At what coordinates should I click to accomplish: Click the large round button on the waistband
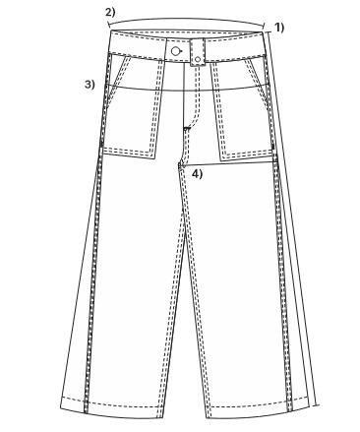click(x=176, y=51)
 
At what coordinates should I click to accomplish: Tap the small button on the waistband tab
click(x=198, y=59)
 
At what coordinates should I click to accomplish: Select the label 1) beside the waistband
click(x=279, y=28)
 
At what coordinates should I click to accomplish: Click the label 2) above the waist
click(x=110, y=13)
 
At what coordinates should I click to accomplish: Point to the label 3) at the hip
click(x=90, y=85)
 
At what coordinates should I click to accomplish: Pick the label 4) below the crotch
click(x=197, y=174)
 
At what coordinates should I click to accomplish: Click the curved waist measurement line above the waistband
click(x=186, y=20)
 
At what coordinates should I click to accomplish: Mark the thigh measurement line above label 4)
click(x=228, y=164)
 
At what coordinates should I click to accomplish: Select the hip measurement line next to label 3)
click(x=187, y=91)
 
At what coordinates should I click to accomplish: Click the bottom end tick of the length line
click(x=316, y=405)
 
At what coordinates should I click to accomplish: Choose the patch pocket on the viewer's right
click(x=243, y=110)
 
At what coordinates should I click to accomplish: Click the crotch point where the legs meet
click(x=180, y=164)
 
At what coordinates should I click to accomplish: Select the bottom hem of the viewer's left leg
click(x=111, y=410)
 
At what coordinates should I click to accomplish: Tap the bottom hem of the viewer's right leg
click(x=259, y=411)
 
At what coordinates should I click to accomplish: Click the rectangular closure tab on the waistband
click(x=198, y=52)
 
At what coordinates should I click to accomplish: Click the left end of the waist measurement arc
click(x=108, y=25)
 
